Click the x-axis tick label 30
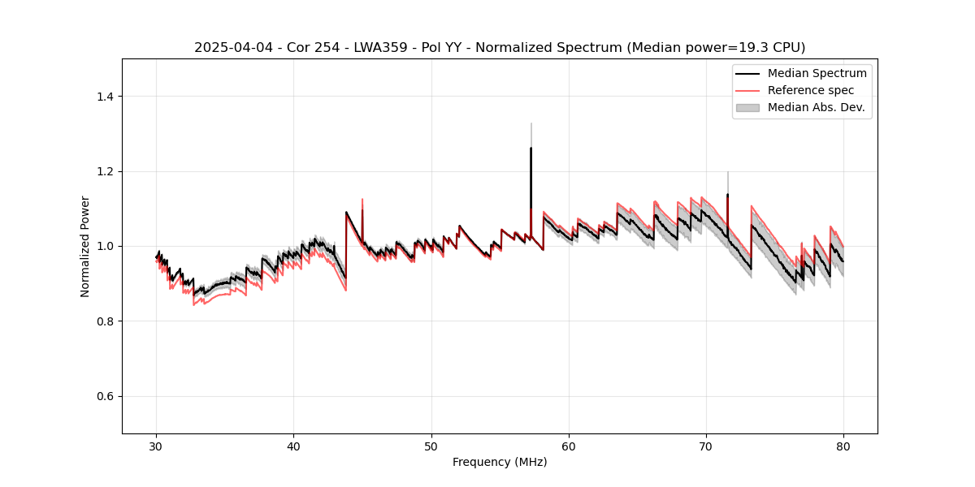point(157,446)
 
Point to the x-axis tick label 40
point(294,446)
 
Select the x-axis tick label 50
point(431,446)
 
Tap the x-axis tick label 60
point(569,446)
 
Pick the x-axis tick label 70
point(706,446)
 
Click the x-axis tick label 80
point(843,446)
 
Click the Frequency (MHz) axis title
point(500,462)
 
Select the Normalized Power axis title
point(85,246)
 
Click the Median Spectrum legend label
point(817,73)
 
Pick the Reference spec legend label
point(811,90)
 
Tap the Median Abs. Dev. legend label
point(817,107)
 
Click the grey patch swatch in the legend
point(747,107)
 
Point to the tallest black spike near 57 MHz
point(531,149)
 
